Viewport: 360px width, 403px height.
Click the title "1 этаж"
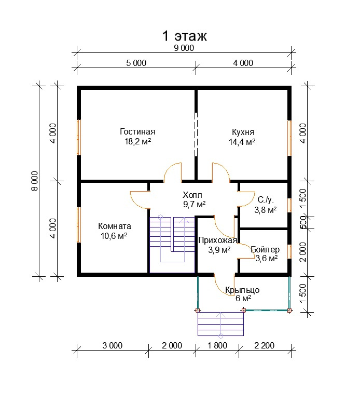tap(184, 36)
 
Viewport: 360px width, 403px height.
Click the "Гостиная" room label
tap(137, 131)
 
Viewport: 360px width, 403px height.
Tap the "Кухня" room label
tap(243, 132)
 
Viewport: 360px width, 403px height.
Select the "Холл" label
tap(192, 195)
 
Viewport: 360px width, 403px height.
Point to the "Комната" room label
tap(115, 226)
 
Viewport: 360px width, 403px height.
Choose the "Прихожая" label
tap(217, 240)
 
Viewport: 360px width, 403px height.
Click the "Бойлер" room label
tap(265, 249)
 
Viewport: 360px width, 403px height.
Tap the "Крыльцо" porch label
tap(242, 290)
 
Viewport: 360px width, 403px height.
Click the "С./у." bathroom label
tap(266, 200)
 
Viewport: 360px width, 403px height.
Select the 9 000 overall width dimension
tap(184, 48)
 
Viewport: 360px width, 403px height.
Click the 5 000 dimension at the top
tap(136, 63)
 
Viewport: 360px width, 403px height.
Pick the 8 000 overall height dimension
tap(35, 181)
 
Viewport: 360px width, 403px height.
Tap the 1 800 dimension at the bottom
tap(217, 345)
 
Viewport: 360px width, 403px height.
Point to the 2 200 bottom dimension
tap(264, 345)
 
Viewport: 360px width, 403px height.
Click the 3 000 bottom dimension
tap(112, 345)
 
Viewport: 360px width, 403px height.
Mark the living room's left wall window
tap(79, 137)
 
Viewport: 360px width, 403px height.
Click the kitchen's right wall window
tap(289, 138)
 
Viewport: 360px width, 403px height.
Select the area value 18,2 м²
tap(137, 141)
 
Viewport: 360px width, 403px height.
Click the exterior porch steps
tap(220, 324)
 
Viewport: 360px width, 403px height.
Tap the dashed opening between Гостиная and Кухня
tap(196, 135)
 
